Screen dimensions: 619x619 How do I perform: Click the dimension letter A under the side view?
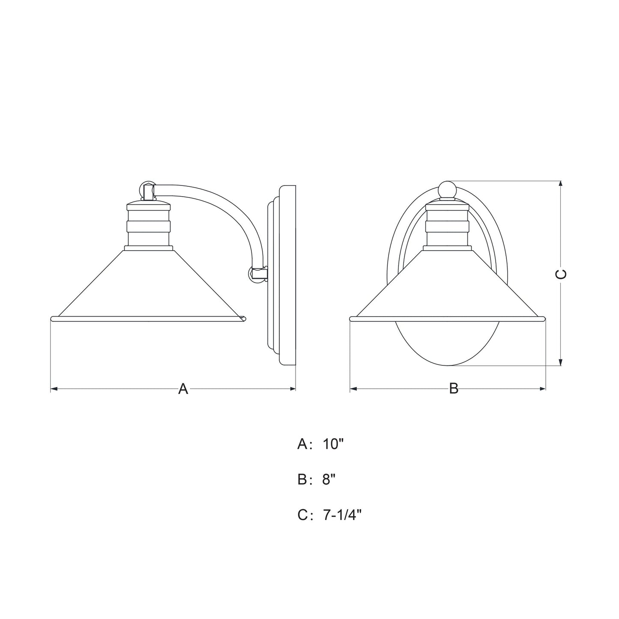tap(183, 389)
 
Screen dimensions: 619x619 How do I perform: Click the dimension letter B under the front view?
tap(454, 389)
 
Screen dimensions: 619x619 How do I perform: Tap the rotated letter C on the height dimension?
tap(561, 274)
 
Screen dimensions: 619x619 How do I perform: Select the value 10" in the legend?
tap(334, 445)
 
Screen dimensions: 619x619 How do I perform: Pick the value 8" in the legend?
tap(329, 480)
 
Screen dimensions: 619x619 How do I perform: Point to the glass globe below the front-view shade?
tap(447, 343)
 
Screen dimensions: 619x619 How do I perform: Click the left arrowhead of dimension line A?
tap(53, 389)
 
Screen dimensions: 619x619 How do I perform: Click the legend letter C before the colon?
tap(303, 515)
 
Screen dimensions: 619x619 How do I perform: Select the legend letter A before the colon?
tap(302, 445)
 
